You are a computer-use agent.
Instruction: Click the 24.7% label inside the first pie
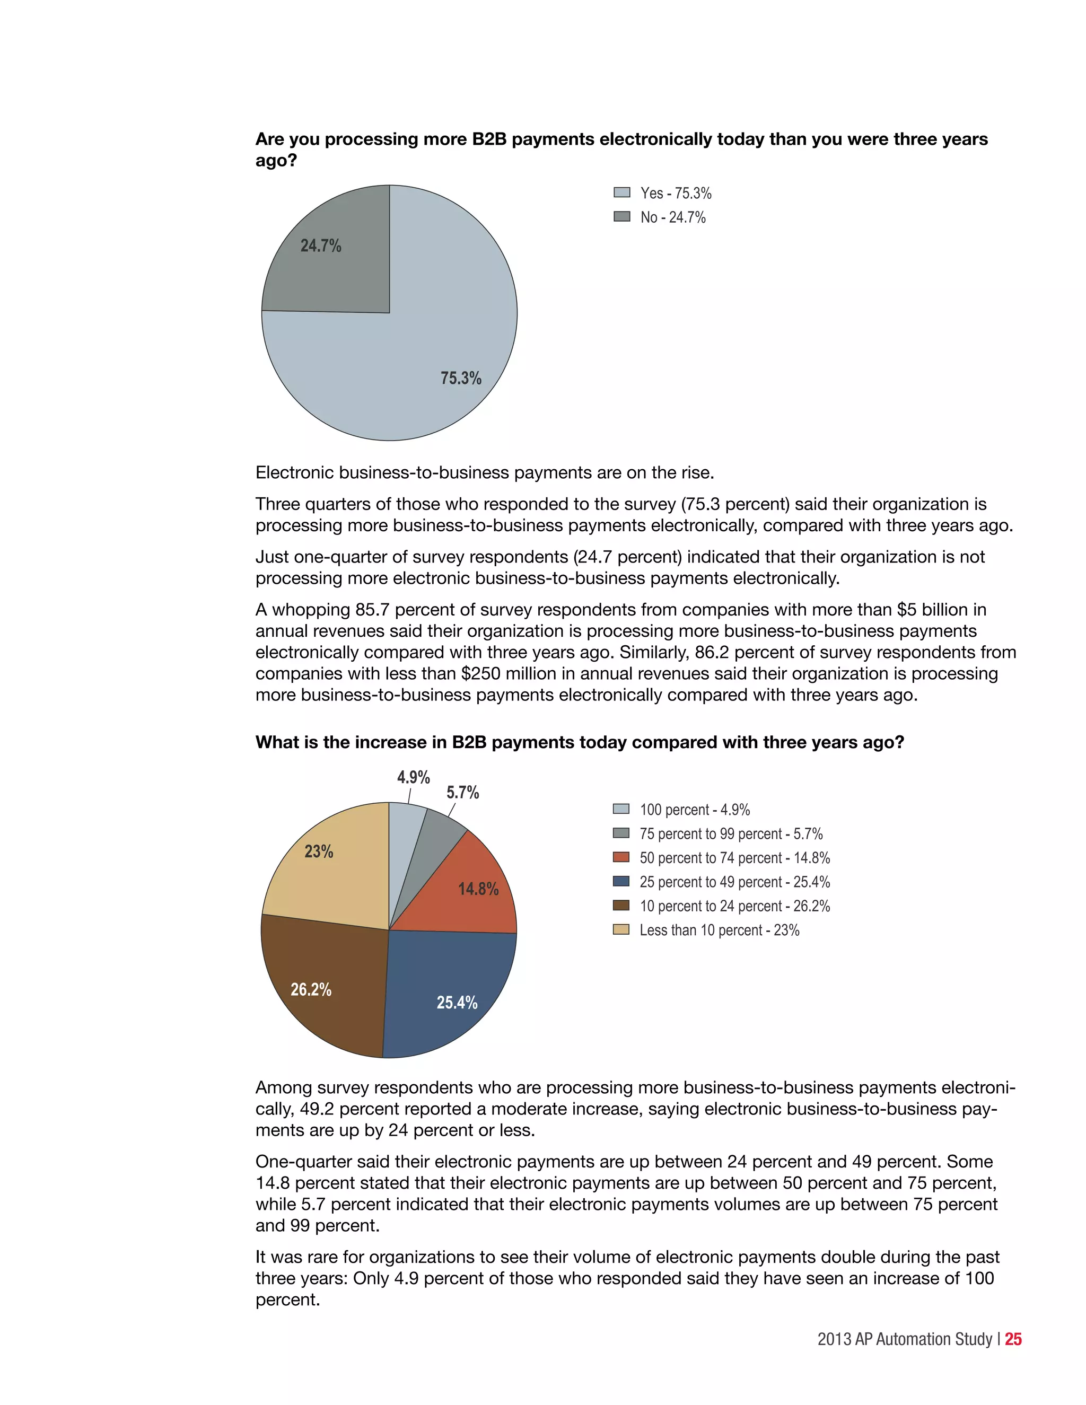(320, 246)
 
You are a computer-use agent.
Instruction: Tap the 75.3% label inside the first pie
(461, 378)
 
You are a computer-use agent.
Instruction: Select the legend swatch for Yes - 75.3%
(621, 192)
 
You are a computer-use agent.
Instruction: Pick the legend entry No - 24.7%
(672, 217)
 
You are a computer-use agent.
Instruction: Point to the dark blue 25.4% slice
(450, 991)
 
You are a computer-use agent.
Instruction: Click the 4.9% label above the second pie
(413, 777)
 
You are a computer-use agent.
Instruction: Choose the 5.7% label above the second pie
(462, 793)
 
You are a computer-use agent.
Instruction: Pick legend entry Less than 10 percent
(719, 930)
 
